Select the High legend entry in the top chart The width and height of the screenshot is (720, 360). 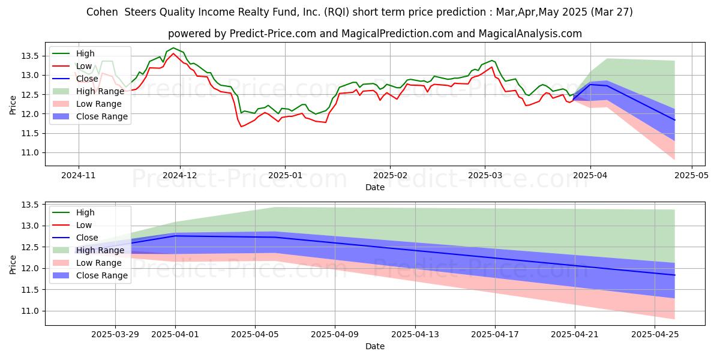[x=85, y=53]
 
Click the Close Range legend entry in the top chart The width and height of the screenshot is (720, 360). [x=101, y=116]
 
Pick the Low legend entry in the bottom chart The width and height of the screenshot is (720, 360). [x=84, y=225]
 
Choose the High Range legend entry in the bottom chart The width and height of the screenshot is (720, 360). [x=100, y=250]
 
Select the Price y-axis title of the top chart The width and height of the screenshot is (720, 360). [x=13, y=104]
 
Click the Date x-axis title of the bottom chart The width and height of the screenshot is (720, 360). [x=375, y=346]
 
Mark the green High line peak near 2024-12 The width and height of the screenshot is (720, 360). [x=173, y=48]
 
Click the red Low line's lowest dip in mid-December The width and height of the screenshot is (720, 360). [x=241, y=126]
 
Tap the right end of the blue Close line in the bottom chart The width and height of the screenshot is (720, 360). [x=674, y=275]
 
